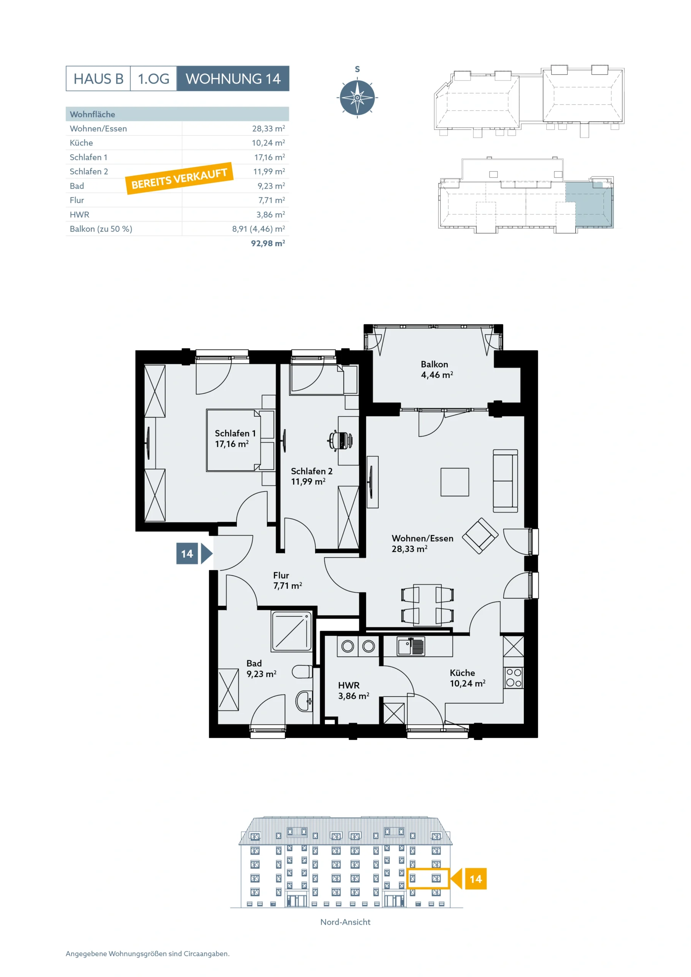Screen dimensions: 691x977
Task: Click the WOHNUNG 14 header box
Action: coord(233,78)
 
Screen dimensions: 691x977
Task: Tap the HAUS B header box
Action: coord(98,78)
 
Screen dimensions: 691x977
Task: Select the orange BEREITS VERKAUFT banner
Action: coord(179,178)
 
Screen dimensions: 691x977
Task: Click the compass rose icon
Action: coord(357,97)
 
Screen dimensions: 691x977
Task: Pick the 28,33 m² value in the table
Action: coord(268,129)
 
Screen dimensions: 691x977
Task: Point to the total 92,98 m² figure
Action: coord(268,243)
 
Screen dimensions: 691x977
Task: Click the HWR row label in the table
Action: coord(80,214)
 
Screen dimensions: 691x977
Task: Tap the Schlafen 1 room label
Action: coord(235,438)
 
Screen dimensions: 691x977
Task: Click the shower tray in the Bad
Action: coord(292,632)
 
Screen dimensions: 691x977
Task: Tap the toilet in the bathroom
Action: coord(302,672)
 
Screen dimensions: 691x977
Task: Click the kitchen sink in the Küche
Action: coord(410,646)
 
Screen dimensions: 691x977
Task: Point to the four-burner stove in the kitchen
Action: coord(513,678)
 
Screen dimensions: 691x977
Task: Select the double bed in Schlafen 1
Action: coord(241,440)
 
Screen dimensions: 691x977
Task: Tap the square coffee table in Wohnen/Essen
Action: coord(455,482)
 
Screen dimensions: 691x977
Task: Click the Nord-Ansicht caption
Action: coord(345,922)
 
